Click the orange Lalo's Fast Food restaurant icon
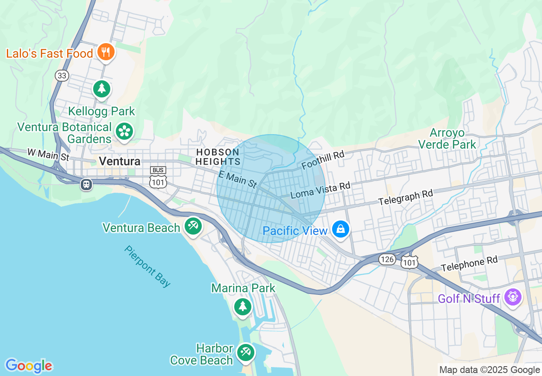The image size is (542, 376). click(x=105, y=53)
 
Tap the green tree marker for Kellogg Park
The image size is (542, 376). click(x=101, y=89)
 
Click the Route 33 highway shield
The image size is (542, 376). click(x=62, y=76)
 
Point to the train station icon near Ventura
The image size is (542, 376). click(x=86, y=185)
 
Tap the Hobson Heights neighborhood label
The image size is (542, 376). click(x=218, y=157)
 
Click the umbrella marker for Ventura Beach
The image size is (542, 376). click(x=193, y=225)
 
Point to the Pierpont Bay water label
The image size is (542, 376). click(x=147, y=266)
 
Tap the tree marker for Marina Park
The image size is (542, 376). click(x=243, y=306)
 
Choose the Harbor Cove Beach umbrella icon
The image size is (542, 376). click(x=245, y=352)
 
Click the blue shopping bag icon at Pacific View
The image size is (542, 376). click(x=341, y=229)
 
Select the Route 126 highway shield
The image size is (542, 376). click(x=387, y=259)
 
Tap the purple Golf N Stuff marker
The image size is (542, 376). click(x=512, y=297)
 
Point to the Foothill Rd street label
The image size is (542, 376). click(x=323, y=159)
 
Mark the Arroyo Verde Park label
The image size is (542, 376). click(x=447, y=138)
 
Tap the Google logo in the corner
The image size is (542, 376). click(x=29, y=366)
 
